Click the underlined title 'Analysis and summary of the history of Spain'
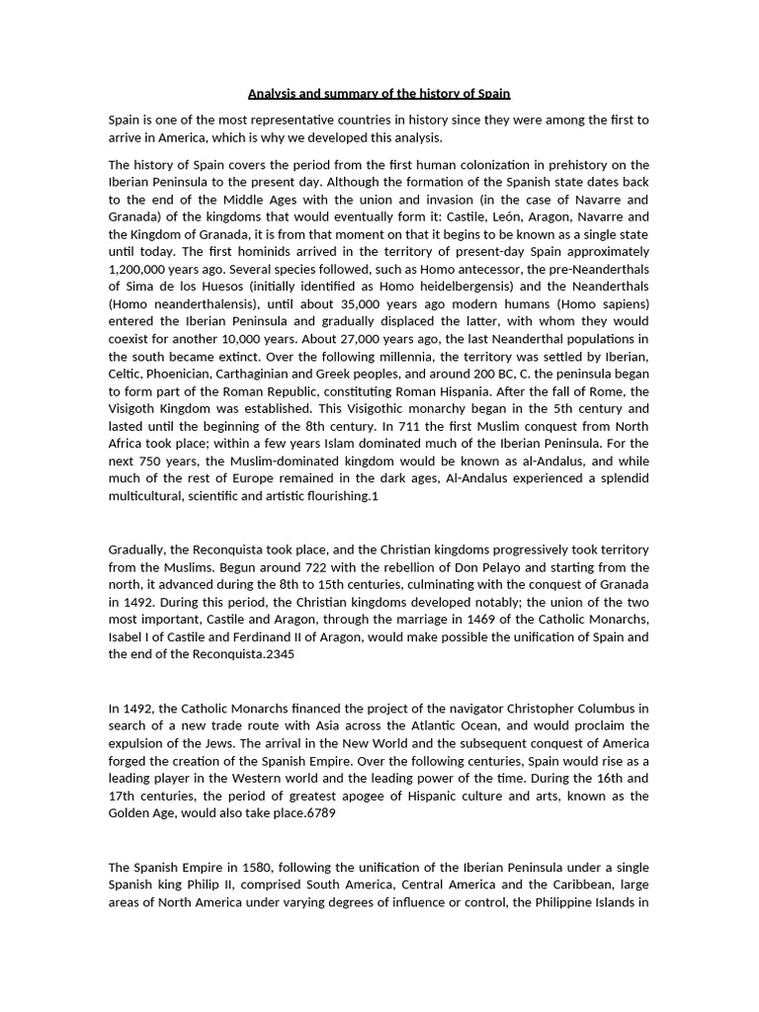point(379,94)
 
